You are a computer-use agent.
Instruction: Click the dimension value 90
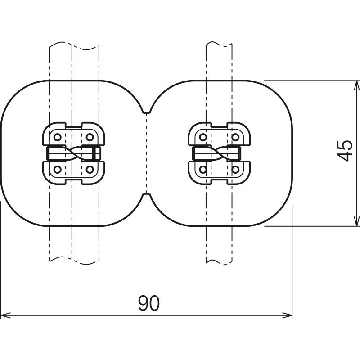149,303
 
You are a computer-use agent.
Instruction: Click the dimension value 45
344,151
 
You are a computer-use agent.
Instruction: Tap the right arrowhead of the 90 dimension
287,315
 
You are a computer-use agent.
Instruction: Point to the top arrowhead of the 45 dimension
356,85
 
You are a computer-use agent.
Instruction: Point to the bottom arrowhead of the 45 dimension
356,221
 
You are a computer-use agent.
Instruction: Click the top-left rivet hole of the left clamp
58,137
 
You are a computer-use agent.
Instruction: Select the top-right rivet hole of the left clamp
90,137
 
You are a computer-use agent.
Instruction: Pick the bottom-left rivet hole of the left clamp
58,170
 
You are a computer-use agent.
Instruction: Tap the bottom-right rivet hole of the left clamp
90,170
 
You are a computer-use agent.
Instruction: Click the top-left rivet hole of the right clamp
203,137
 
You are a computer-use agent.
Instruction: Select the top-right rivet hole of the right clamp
235,137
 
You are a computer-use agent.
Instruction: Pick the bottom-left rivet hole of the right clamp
203,170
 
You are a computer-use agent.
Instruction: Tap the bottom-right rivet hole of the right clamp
235,170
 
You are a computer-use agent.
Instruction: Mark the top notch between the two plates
147,111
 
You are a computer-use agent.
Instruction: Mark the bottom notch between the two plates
147,195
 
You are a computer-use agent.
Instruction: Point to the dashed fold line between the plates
147,153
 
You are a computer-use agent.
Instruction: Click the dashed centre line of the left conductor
72,153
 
